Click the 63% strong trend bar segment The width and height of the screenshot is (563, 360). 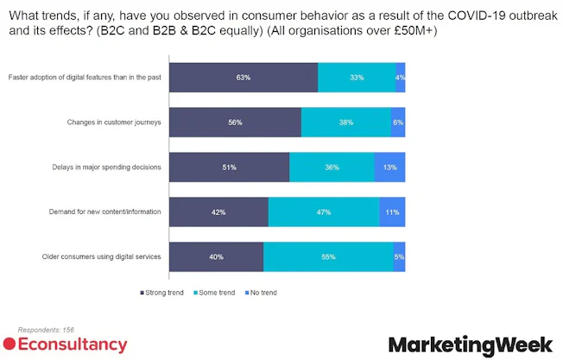coord(244,78)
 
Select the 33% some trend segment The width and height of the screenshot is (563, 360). coord(357,78)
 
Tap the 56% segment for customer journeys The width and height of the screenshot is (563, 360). coord(235,123)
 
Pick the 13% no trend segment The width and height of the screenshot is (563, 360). coord(389,167)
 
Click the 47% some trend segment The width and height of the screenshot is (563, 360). coord(324,212)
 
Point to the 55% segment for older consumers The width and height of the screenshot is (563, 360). coord(328,256)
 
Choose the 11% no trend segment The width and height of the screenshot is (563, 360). coord(392,212)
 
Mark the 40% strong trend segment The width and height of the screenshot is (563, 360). coord(216,256)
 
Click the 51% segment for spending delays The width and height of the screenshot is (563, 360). coord(229,167)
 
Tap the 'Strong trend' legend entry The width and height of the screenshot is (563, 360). coord(163,293)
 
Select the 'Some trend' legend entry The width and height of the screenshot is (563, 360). coord(215,293)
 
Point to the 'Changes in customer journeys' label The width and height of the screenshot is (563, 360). coord(114,123)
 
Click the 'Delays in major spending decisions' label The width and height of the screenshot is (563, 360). coord(105,167)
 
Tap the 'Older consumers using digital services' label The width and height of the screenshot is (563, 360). coord(102,256)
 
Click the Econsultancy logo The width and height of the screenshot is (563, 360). coord(66,345)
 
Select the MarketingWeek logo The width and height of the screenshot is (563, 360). coord(470,345)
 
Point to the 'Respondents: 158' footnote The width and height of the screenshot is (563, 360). coord(41,330)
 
